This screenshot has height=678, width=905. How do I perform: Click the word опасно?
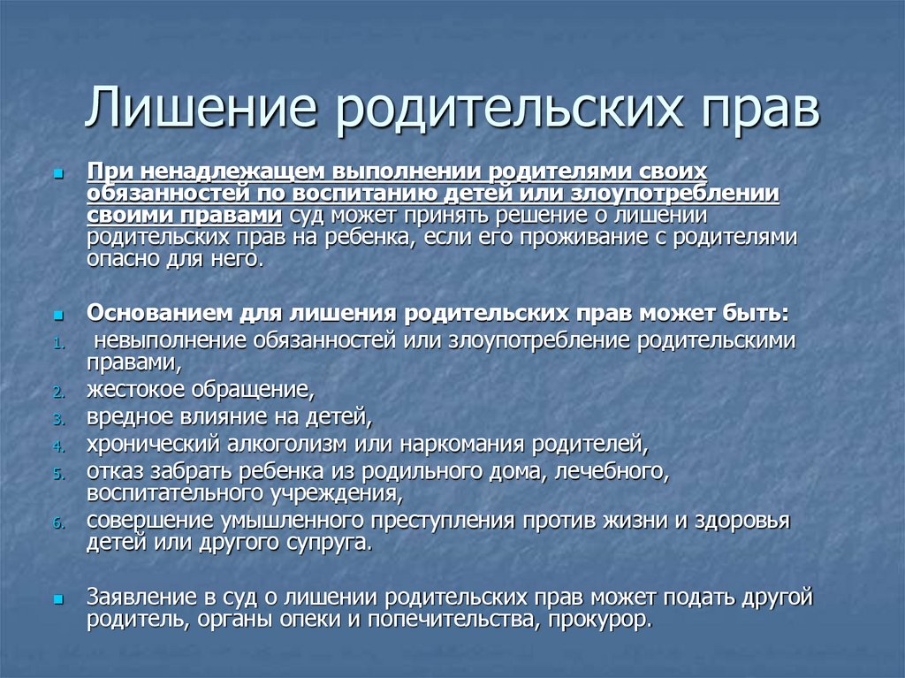tap(120, 260)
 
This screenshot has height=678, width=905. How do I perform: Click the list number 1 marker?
tap(57, 342)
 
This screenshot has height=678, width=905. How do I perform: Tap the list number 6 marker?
tap(57, 523)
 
